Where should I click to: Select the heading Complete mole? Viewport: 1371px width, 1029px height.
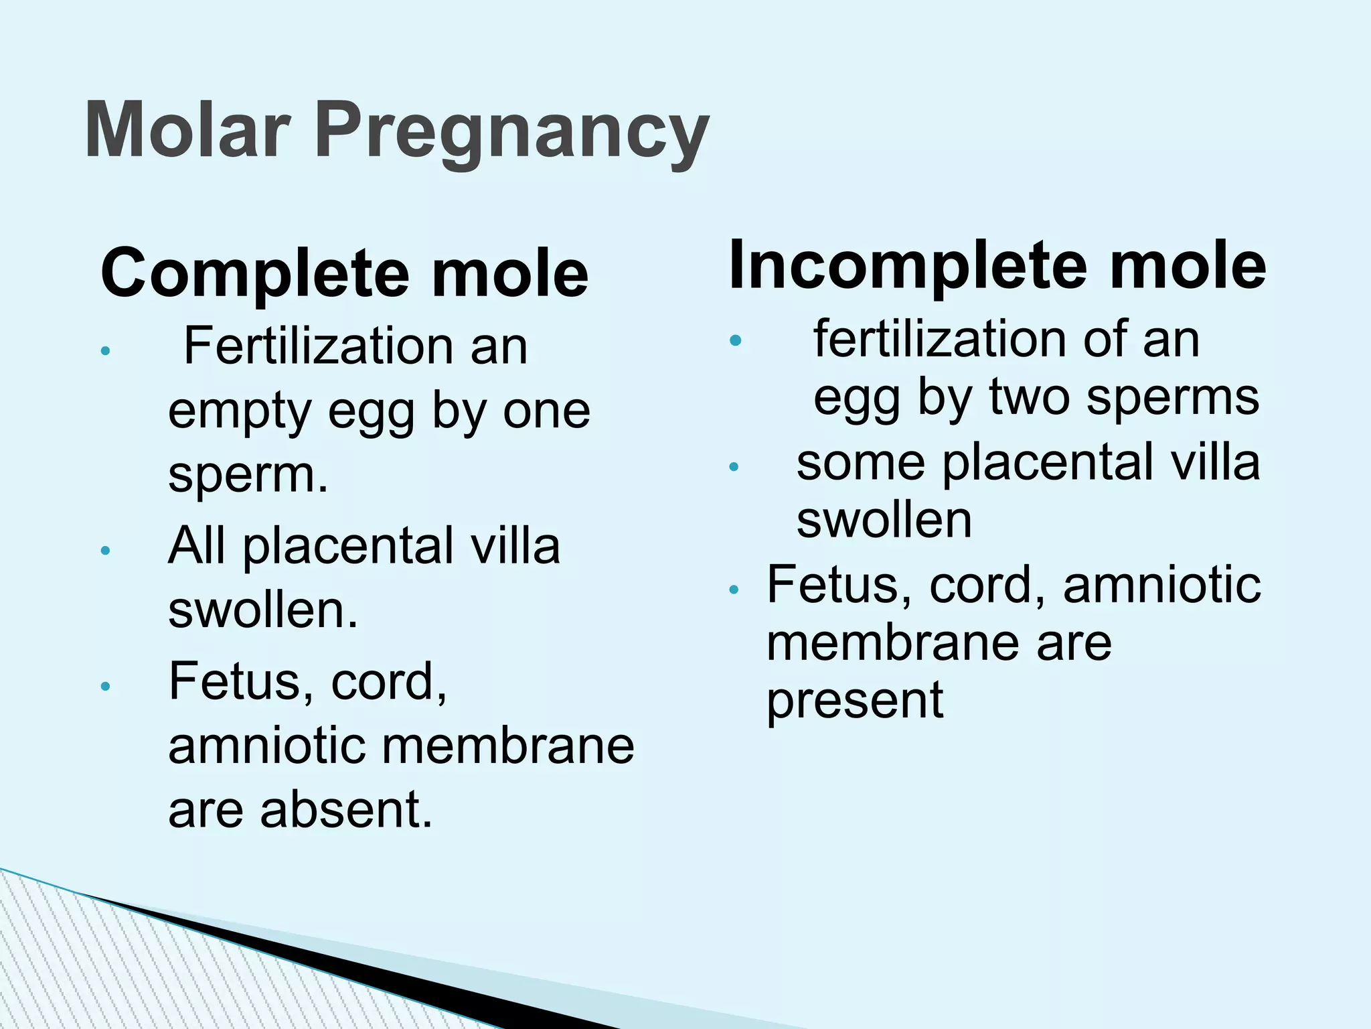(344, 273)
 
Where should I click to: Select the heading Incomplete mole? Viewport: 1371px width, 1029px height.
(997, 265)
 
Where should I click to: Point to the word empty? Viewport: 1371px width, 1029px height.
(240, 412)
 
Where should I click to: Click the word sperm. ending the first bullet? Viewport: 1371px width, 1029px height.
(248, 474)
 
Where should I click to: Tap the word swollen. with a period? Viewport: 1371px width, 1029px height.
(262, 610)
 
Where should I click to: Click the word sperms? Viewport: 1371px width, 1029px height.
(1173, 398)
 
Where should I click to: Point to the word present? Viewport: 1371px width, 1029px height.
(854, 701)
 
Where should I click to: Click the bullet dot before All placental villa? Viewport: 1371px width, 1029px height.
(104, 551)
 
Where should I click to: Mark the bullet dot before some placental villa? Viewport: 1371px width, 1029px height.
(734, 466)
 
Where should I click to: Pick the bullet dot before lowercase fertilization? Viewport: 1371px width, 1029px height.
(736, 340)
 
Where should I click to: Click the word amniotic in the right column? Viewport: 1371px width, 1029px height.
(1161, 584)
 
